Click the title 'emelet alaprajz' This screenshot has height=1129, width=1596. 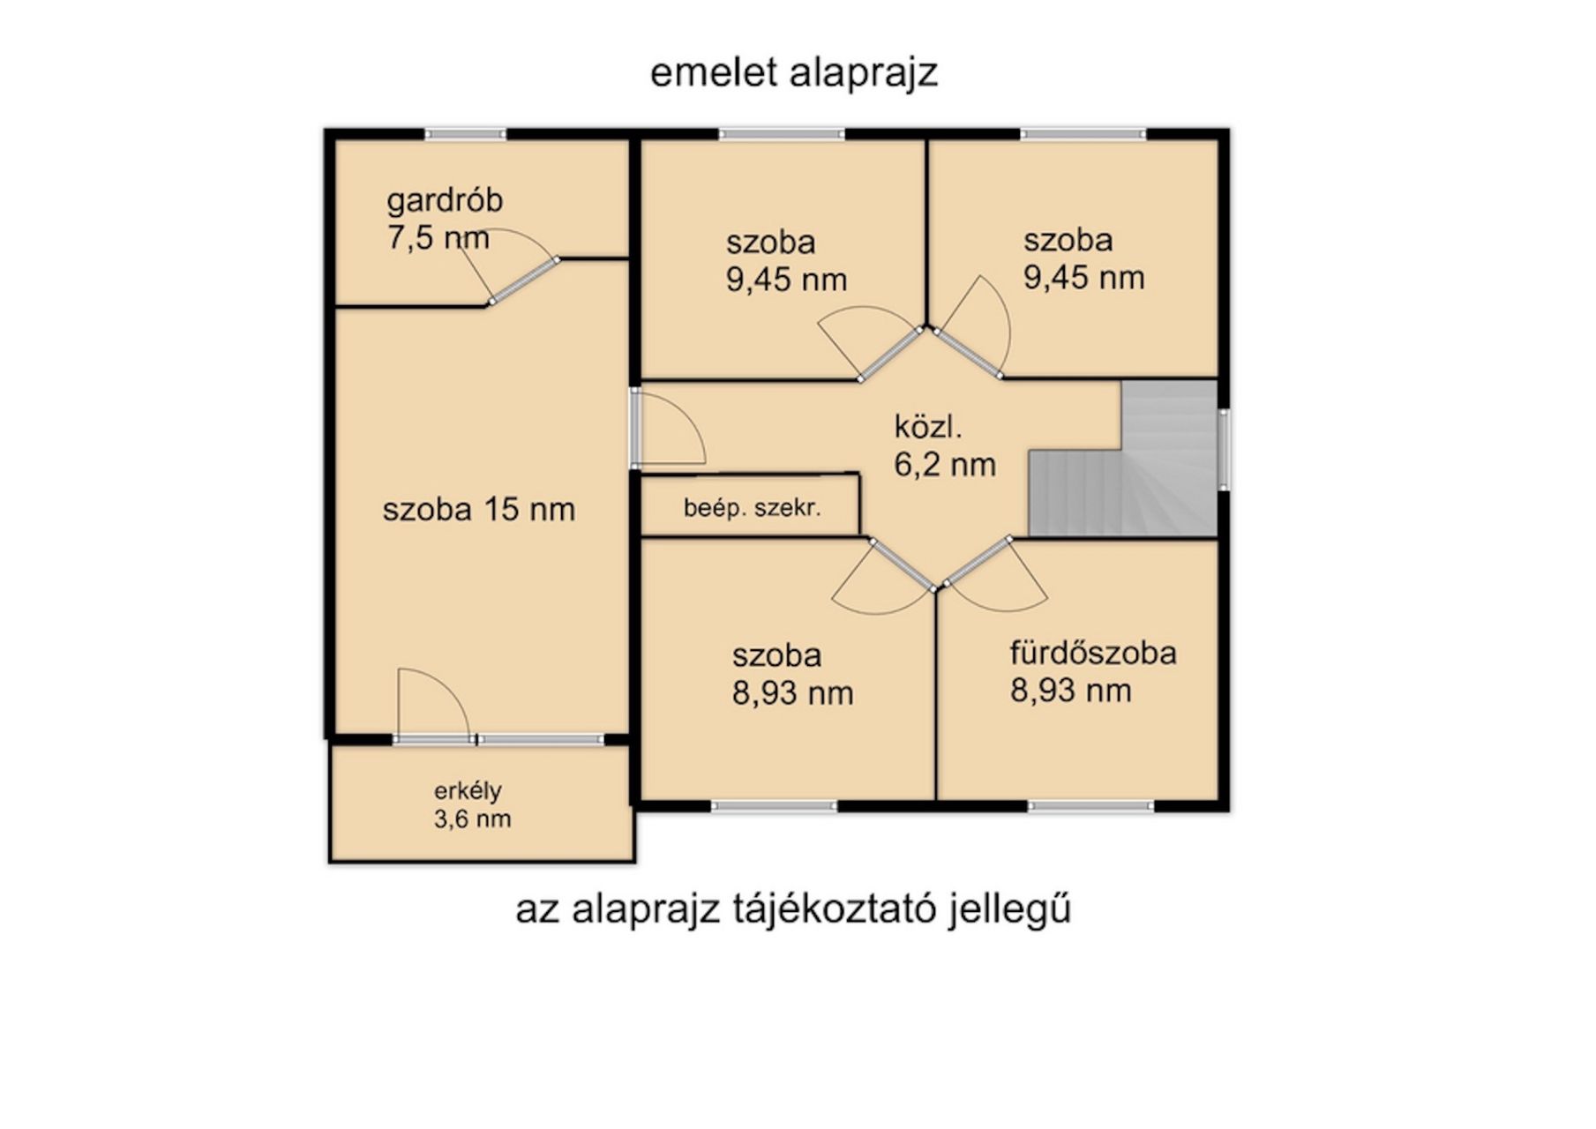coord(793,73)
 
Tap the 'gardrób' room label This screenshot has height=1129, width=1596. coord(445,200)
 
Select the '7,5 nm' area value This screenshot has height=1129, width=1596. coord(438,238)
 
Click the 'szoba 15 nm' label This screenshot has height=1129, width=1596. coord(478,510)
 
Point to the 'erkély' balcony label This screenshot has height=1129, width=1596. coord(468,791)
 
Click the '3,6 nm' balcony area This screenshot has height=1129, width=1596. coord(472,819)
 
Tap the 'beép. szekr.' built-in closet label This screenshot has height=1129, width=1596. coord(752,508)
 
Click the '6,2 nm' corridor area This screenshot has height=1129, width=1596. coord(945,465)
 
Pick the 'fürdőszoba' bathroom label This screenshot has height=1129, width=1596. coord(1093,654)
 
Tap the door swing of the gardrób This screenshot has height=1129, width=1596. coord(522,280)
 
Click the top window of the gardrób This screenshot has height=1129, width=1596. coord(466,135)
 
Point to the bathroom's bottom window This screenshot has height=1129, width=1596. coord(1090,806)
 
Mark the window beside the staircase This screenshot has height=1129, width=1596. coord(1224,449)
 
